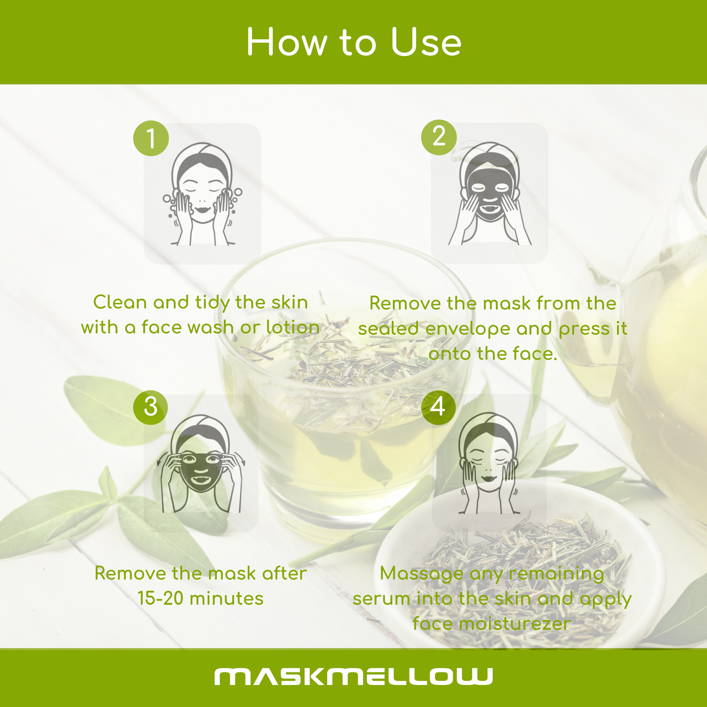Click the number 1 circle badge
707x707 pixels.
point(151,138)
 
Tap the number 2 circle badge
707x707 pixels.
point(439,137)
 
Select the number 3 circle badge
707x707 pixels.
point(150,407)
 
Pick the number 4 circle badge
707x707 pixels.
point(438,407)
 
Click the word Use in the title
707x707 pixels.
point(426,42)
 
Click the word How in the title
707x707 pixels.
point(287,42)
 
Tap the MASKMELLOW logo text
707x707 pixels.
point(353,676)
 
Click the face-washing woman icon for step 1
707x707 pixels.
point(203,194)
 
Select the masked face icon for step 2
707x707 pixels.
point(490,193)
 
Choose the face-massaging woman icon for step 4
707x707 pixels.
point(488,463)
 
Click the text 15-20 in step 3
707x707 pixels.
point(160,598)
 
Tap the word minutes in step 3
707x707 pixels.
point(227,598)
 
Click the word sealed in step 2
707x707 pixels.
point(388,328)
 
